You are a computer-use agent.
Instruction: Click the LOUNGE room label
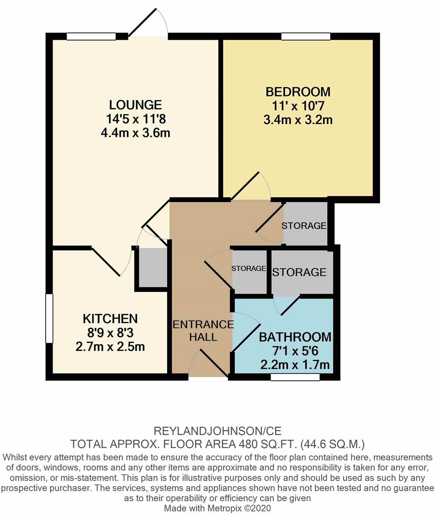[x=135, y=105]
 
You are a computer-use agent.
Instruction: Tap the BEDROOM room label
[x=298, y=91]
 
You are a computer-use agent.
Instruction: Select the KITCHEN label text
[x=110, y=318]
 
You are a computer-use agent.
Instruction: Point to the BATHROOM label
[x=295, y=337]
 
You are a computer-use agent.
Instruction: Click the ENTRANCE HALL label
[x=203, y=330]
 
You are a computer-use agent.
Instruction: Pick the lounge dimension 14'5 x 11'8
[x=135, y=119]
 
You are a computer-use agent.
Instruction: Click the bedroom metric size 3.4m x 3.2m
[x=298, y=119]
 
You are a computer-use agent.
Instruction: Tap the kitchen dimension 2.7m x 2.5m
[x=110, y=346]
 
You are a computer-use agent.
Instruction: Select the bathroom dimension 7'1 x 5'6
[x=295, y=351]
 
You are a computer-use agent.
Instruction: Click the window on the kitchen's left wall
[x=49, y=318]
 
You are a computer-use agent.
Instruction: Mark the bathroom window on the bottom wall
[x=295, y=377]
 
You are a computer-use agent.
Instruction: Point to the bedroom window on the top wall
[x=306, y=36]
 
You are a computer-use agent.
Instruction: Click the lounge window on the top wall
[x=91, y=36]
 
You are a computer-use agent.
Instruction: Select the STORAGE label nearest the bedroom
[x=304, y=225]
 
